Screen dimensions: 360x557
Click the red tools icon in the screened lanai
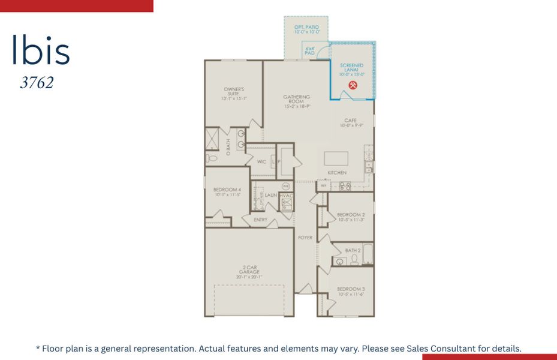(x=353, y=85)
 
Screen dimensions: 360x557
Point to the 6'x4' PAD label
(x=310, y=50)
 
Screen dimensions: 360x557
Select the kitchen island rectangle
(x=336, y=158)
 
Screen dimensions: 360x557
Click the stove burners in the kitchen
(x=345, y=187)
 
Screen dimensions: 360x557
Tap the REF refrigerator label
(x=324, y=187)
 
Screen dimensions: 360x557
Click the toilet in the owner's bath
(x=212, y=158)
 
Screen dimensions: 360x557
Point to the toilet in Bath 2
(x=354, y=260)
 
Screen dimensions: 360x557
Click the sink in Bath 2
(x=340, y=261)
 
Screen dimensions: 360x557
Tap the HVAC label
(x=285, y=196)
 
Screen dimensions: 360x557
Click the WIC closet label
(x=261, y=162)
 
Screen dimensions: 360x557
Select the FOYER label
(x=305, y=238)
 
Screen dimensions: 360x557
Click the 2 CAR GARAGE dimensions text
(x=249, y=277)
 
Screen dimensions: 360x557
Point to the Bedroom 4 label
(x=227, y=190)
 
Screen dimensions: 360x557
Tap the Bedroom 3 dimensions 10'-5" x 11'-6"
(x=351, y=295)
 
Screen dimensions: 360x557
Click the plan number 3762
(x=37, y=83)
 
